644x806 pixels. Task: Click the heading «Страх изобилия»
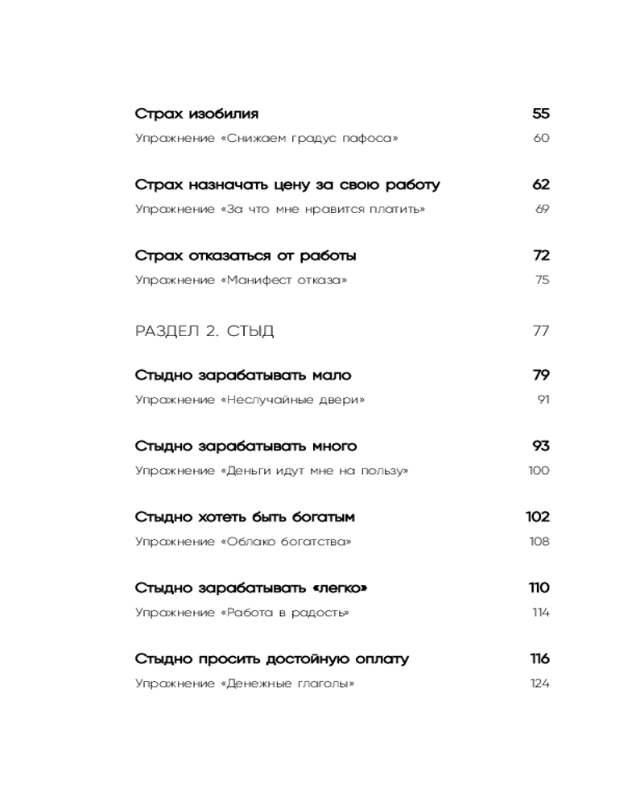[x=196, y=114]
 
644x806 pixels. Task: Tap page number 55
[x=540, y=114]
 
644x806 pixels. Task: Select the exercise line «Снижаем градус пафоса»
[x=266, y=139]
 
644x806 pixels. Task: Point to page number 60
[x=541, y=139]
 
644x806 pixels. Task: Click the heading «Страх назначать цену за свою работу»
[x=287, y=185]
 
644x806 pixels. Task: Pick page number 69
[x=542, y=210]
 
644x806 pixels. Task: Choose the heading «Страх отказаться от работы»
[x=246, y=256]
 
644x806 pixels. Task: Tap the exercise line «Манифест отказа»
[x=242, y=280]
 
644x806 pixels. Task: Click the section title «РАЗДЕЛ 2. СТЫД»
[x=204, y=330]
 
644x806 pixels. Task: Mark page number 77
[x=540, y=330]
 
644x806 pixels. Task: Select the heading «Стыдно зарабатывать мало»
[x=243, y=375]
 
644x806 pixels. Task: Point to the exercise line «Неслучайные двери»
[x=250, y=400]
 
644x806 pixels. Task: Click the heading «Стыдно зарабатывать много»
[x=246, y=446]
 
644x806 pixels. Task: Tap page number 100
[x=539, y=471]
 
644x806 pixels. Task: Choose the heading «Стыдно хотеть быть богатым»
[x=245, y=517]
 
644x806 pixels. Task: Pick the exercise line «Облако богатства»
[x=243, y=542]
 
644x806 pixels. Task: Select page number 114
[x=540, y=613]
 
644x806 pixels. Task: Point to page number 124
[x=539, y=683]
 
